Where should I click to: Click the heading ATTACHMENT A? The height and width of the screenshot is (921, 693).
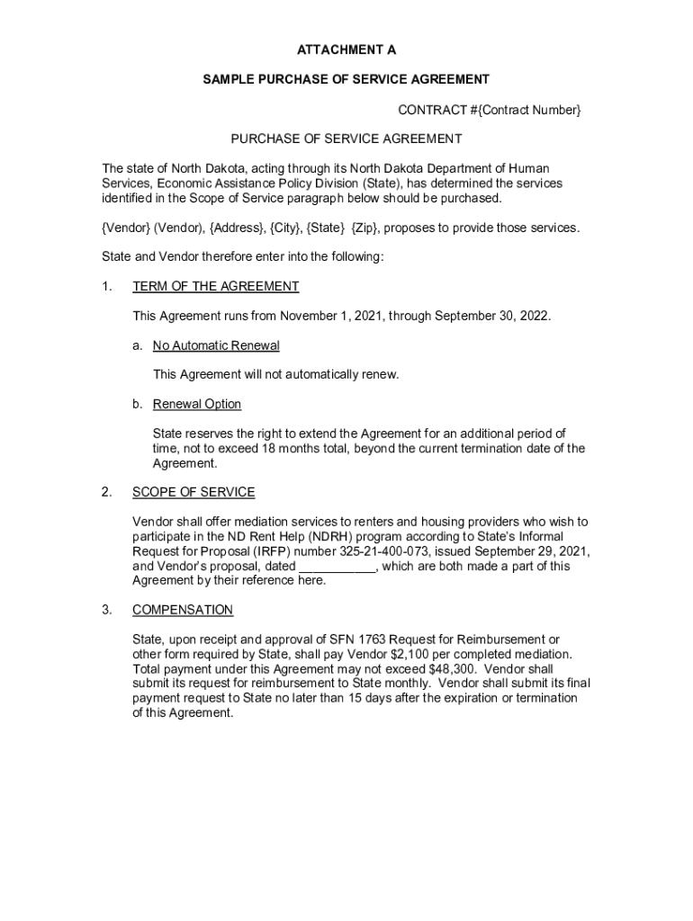tap(346, 50)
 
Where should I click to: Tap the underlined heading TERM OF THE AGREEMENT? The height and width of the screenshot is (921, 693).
tap(215, 286)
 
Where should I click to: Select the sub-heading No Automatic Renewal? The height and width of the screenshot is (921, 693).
tap(216, 345)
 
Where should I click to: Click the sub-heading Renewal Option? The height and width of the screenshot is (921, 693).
tap(197, 404)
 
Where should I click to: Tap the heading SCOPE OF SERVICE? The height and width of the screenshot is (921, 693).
tap(193, 492)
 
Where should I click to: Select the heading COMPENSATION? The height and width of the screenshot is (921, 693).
tap(183, 610)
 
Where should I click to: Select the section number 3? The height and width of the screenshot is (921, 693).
tap(106, 610)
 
